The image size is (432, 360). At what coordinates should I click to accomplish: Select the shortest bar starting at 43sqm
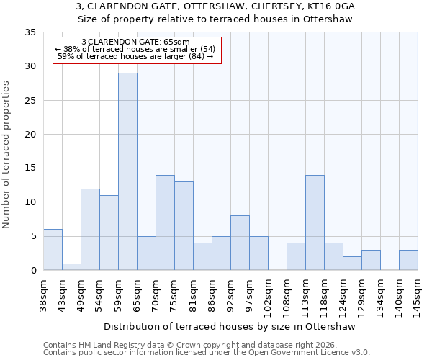tap(71, 266)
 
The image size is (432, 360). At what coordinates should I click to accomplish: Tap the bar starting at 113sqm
tap(315, 222)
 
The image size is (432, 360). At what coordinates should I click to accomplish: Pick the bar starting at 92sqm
tap(240, 243)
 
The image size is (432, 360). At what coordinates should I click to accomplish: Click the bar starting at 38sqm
tap(53, 250)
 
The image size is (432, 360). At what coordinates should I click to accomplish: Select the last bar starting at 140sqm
tap(408, 260)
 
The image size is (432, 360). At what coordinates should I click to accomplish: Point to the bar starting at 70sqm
tap(165, 222)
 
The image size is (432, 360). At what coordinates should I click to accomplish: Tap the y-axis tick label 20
tap(30, 135)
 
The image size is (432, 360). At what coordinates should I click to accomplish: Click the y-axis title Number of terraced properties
tap(6, 155)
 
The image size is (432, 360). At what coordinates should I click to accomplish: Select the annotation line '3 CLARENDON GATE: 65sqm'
tap(136, 42)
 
